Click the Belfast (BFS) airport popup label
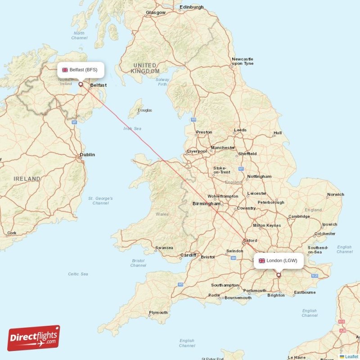(81, 70)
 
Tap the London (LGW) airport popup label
(278, 261)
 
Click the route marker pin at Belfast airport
(81, 84)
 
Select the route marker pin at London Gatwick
(279, 274)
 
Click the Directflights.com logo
(34, 338)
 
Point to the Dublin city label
(87, 155)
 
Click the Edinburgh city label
(191, 7)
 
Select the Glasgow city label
(156, 13)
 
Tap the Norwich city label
(335, 195)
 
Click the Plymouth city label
(158, 313)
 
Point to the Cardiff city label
(188, 255)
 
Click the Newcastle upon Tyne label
(242, 61)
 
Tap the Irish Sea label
(132, 129)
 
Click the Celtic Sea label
(78, 274)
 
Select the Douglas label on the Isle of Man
(144, 110)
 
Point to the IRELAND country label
(27, 179)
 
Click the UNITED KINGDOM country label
(145, 68)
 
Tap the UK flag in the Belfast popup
(65, 70)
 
